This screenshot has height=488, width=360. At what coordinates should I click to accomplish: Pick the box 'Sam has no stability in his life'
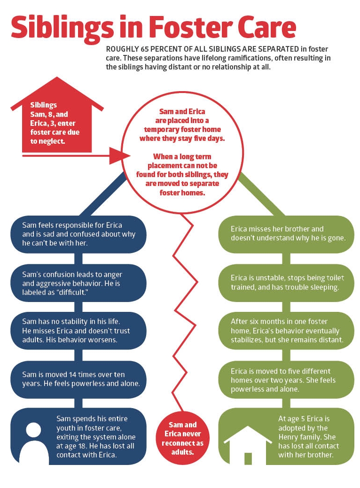click(78, 330)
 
